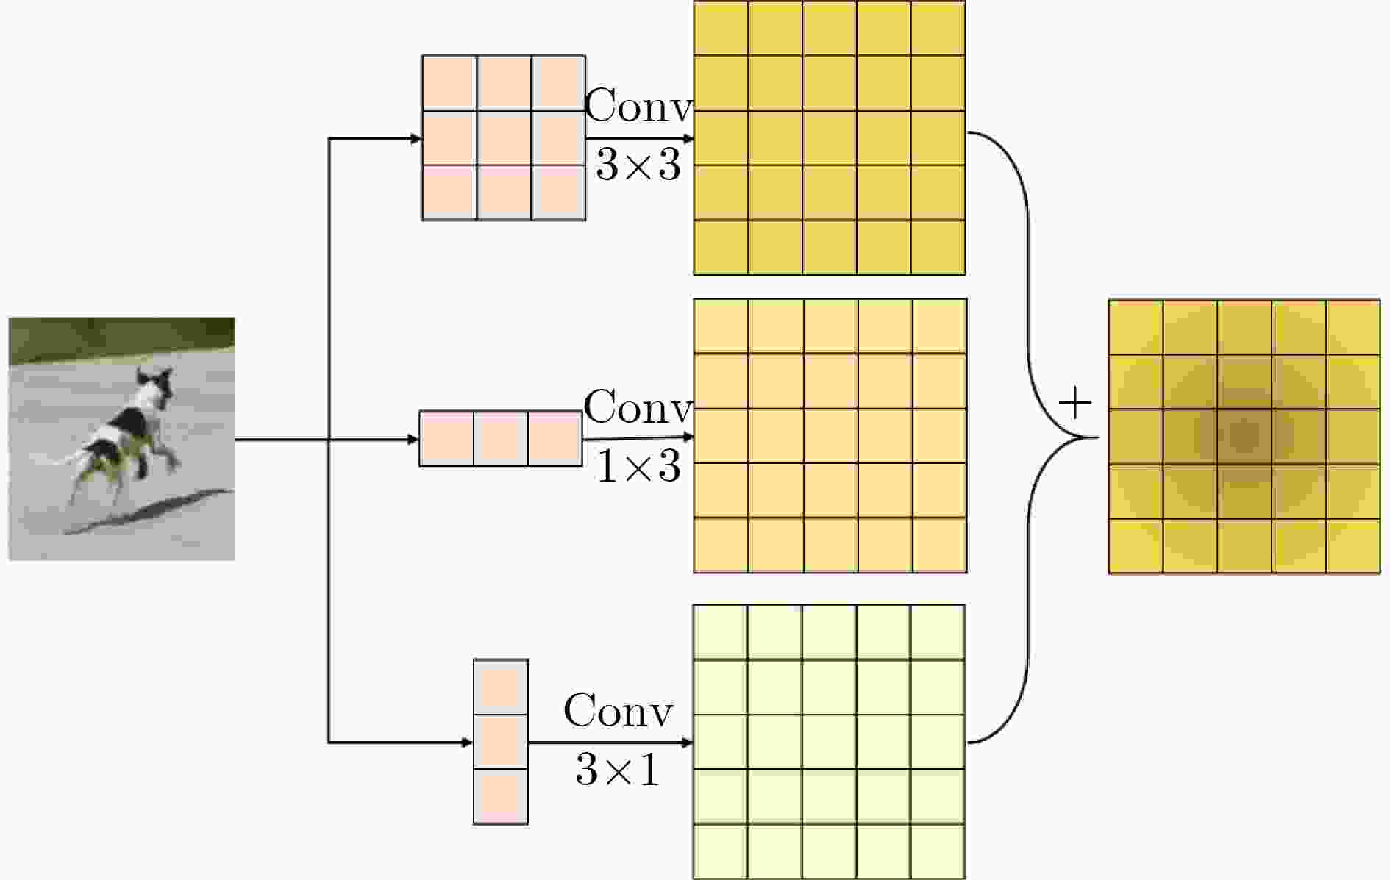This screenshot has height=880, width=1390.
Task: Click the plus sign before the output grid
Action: click(x=1074, y=404)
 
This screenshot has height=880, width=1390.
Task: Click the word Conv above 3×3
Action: click(x=638, y=106)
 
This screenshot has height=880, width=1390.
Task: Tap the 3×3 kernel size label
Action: click(x=638, y=165)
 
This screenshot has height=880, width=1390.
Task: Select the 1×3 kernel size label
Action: click(x=638, y=466)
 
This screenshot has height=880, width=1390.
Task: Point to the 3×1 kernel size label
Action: click(x=618, y=770)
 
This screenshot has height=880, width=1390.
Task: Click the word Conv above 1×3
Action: click(x=638, y=407)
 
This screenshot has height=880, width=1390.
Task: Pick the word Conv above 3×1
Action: click(x=618, y=711)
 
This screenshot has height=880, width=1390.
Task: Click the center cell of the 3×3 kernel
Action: click(x=504, y=137)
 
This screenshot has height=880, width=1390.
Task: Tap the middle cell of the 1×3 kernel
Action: click(x=500, y=438)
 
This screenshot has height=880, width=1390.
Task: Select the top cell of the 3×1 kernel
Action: click(x=501, y=687)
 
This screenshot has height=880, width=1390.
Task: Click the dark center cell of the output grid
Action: click(x=1244, y=437)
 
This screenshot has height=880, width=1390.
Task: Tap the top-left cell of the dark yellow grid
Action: click(x=721, y=29)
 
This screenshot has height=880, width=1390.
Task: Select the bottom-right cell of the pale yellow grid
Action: click(x=938, y=851)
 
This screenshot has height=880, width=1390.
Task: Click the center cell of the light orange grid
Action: click(x=830, y=436)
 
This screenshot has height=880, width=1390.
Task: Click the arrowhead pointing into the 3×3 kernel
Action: click(x=416, y=138)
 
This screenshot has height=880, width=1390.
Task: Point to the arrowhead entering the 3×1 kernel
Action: click(x=467, y=743)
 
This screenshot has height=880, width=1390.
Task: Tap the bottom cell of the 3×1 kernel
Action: click(x=501, y=796)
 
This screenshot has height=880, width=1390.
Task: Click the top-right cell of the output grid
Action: click(x=1353, y=328)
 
